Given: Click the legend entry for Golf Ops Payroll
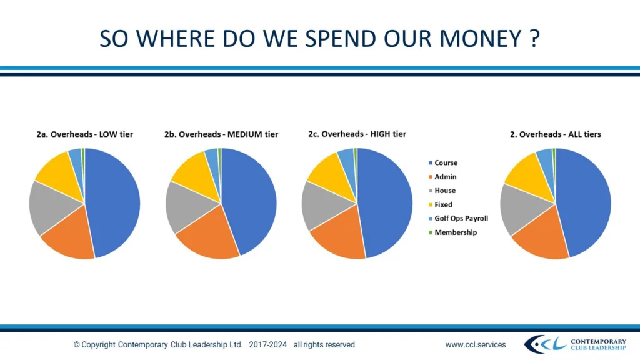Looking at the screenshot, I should pyautogui.click(x=461, y=218).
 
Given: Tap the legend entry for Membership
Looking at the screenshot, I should pyautogui.click(x=455, y=232).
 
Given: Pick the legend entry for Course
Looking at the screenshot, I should pyautogui.click(x=446, y=162).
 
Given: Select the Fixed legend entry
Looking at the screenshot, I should pyautogui.click(x=443, y=204).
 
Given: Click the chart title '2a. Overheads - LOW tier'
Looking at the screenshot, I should pyautogui.click(x=84, y=134).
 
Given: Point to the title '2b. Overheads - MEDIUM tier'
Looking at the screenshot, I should pyautogui.click(x=221, y=134).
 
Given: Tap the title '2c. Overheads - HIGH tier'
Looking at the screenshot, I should pyautogui.click(x=357, y=134).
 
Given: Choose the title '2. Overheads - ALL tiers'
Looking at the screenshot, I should pyautogui.click(x=556, y=134).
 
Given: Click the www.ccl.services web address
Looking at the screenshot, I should pyautogui.click(x=476, y=344).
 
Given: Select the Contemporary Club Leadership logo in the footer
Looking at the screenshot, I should pyautogui.click(x=575, y=344).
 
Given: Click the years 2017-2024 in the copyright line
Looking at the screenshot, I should pyautogui.click(x=268, y=344).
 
